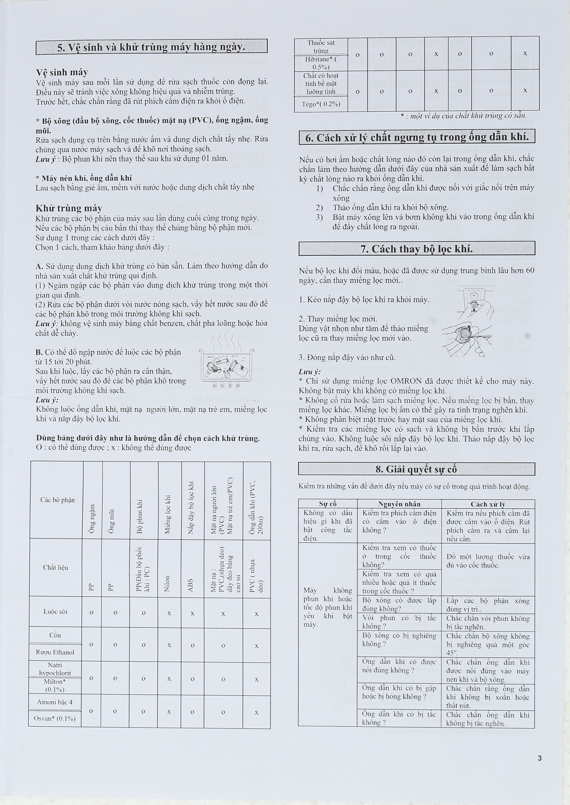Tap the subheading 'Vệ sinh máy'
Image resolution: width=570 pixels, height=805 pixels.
[x=62, y=72]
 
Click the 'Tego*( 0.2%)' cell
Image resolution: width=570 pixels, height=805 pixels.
[x=321, y=104]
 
